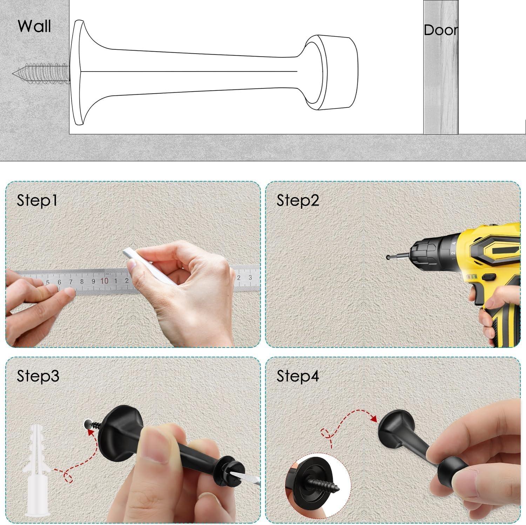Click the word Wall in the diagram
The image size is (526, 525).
(x=34, y=26)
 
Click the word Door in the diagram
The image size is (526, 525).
(x=441, y=30)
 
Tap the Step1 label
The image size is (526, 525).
(x=37, y=201)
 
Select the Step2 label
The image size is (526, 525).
(x=298, y=201)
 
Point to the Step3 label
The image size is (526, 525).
(x=38, y=376)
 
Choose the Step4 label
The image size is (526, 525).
(x=298, y=376)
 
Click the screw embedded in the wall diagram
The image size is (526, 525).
(x=41, y=73)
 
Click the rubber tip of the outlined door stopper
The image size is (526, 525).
(x=331, y=72)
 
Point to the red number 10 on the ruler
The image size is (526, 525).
(x=104, y=281)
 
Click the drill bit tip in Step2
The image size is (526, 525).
(x=388, y=257)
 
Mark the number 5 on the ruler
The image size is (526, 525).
(x=48, y=282)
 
